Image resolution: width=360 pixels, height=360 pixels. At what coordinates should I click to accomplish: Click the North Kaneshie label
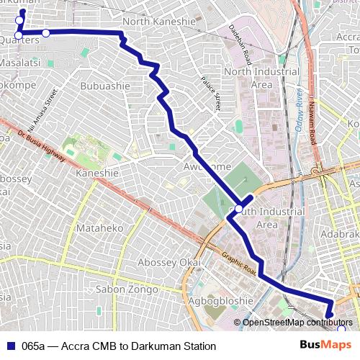158,22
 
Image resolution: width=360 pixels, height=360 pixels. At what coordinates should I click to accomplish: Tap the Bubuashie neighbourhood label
105,86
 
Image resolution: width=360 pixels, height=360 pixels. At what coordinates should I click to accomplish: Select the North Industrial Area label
261,78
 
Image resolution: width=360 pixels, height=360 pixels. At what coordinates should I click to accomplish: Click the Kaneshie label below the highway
96,174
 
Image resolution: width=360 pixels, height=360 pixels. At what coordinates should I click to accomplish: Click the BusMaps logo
330,345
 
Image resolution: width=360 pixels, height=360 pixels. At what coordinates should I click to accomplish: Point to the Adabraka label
340,235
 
